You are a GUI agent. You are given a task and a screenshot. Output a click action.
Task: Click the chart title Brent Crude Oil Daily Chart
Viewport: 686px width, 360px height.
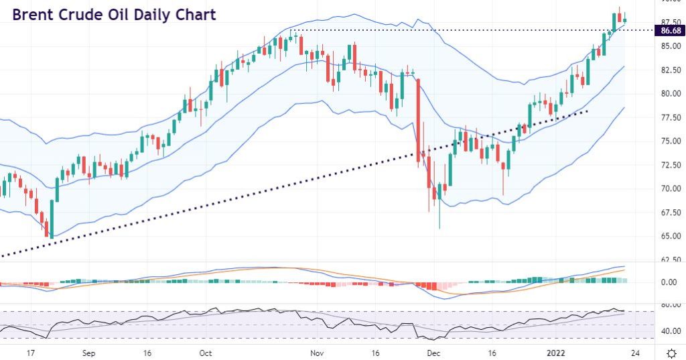114,15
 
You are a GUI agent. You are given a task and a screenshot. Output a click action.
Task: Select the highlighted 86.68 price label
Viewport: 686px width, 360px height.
671,31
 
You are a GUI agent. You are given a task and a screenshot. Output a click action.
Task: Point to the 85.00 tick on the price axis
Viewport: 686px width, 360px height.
671,46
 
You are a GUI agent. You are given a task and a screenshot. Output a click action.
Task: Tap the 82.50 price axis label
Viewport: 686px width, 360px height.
671,70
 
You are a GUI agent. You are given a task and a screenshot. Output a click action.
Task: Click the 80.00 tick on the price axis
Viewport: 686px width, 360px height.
671,94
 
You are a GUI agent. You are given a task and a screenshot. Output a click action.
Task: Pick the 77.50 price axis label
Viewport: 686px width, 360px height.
671,117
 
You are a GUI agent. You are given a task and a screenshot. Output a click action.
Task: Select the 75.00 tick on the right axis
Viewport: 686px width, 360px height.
671,141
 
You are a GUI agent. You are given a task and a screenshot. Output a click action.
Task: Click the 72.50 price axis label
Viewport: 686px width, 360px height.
671,165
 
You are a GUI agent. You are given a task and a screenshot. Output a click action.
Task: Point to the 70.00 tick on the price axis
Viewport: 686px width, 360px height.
671,189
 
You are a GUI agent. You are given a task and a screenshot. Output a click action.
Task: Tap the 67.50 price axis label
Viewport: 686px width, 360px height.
671,213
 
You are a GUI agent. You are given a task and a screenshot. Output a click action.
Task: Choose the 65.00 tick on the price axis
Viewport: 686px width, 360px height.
671,237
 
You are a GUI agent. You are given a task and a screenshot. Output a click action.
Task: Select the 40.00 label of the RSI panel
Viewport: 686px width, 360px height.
671,331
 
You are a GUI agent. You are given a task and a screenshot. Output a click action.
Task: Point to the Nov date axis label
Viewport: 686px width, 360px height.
318,353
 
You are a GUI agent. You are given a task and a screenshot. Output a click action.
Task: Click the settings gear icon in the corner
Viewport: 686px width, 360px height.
671,353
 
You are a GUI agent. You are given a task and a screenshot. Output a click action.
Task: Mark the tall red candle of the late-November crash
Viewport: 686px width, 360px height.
418,121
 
